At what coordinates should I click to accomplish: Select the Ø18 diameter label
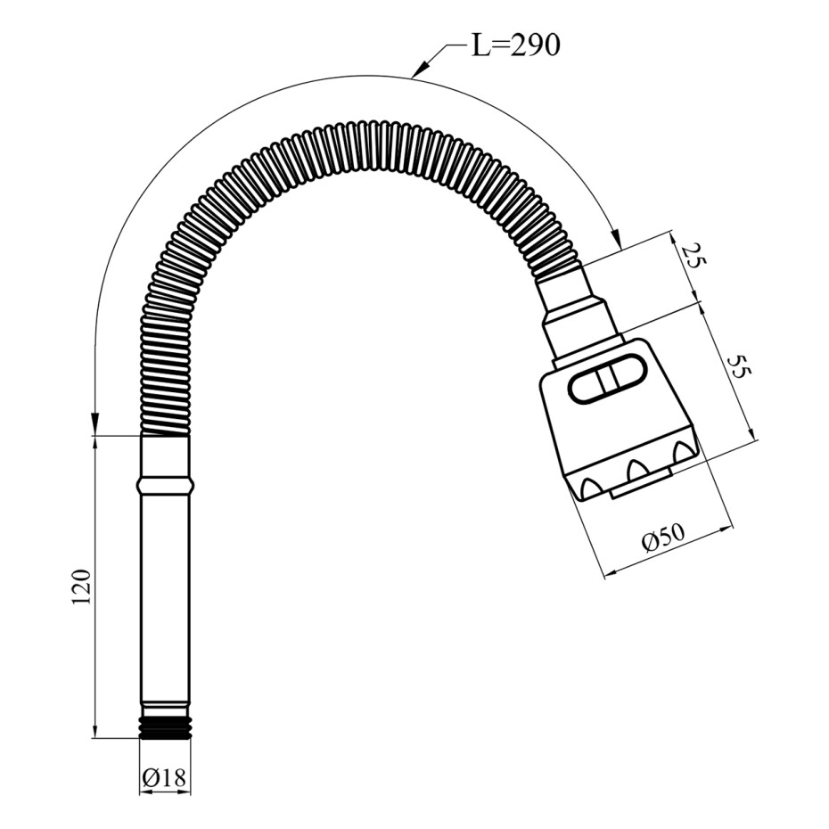(x=164, y=777)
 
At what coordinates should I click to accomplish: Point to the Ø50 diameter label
(x=663, y=538)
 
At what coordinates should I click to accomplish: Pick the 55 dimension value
(x=739, y=365)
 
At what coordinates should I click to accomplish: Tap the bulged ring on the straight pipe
(x=165, y=484)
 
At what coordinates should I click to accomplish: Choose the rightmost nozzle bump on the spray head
(x=685, y=450)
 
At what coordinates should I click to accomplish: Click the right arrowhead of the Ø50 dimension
(x=727, y=529)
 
